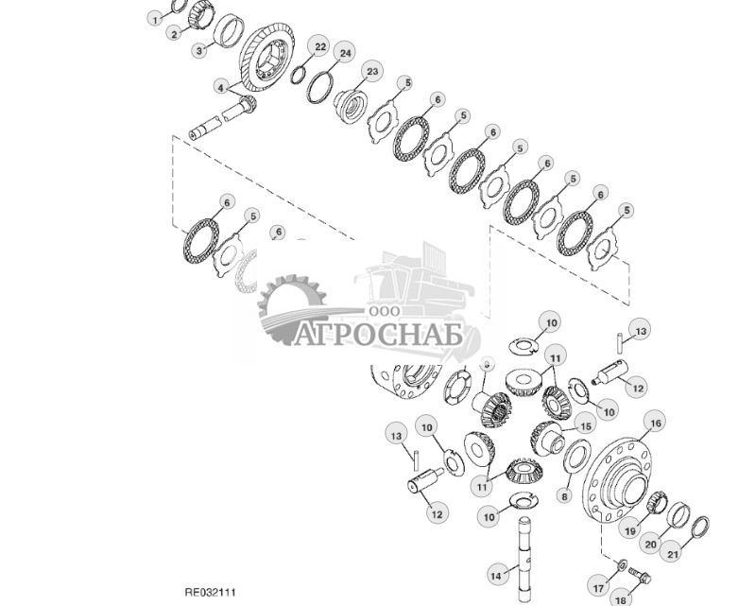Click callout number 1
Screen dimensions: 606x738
pyautogui.click(x=155, y=18)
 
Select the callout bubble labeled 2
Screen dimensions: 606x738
pyautogui.click(x=174, y=34)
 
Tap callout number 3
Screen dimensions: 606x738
pyautogui.click(x=200, y=50)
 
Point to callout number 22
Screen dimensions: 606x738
pyautogui.click(x=320, y=46)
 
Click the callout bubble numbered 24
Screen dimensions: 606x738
pyautogui.click(x=346, y=54)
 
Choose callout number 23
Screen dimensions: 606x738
pyautogui.click(x=372, y=71)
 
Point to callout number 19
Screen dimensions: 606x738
pyautogui.click(x=627, y=529)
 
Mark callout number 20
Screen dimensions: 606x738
pyautogui.click(x=650, y=544)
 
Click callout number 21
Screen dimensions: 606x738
pyautogui.click(x=673, y=553)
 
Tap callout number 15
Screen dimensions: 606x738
pyautogui.click(x=585, y=426)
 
